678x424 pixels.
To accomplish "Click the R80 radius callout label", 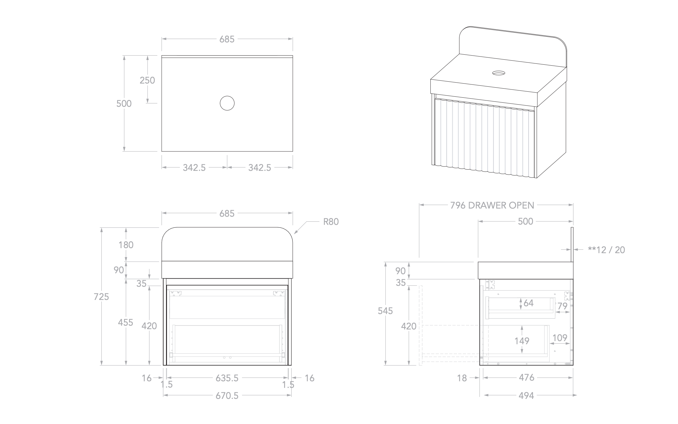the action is [x=331, y=222].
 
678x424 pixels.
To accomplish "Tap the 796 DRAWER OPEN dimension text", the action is [x=492, y=205].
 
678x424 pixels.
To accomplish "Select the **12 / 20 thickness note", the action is [x=606, y=250].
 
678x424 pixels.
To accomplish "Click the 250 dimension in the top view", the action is [x=147, y=80].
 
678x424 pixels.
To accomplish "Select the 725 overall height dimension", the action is [x=101, y=296].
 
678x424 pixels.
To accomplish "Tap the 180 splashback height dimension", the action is [x=126, y=245].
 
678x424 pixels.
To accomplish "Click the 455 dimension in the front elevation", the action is [x=126, y=323].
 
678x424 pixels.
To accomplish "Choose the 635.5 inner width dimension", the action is [x=227, y=378].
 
